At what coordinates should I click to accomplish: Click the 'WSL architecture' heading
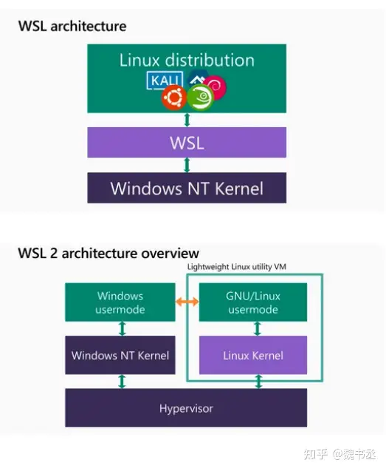(72, 26)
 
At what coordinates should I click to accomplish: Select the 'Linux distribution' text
(186, 60)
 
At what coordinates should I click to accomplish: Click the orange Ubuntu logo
(175, 96)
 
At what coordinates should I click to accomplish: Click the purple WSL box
(186, 142)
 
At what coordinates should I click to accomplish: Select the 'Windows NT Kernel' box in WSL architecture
(186, 188)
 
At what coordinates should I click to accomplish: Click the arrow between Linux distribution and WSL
(187, 120)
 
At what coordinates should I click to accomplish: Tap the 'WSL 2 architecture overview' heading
(108, 254)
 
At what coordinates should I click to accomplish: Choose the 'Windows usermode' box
(120, 302)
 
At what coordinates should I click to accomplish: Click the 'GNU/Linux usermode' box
(253, 302)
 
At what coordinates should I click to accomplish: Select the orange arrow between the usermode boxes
(186, 302)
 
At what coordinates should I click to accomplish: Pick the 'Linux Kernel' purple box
(253, 356)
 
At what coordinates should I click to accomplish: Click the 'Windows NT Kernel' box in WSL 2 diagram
(120, 356)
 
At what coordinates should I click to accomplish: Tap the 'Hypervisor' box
(186, 408)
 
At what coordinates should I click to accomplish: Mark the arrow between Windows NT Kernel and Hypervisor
(121, 382)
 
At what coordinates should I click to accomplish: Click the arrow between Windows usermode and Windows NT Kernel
(121, 329)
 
